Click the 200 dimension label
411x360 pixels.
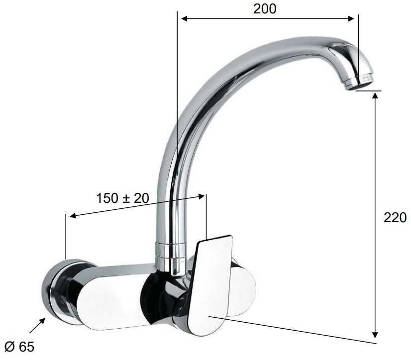pyautogui.click(x=265, y=8)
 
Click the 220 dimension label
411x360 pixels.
pyautogui.click(x=395, y=217)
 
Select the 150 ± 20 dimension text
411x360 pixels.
pyautogui.click(x=123, y=198)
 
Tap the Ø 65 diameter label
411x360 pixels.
pyautogui.click(x=19, y=347)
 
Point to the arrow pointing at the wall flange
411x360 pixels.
pyautogui.click(x=37, y=325)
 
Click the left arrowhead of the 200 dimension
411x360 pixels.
pyautogui.click(x=185, y=18)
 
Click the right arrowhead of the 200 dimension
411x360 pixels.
pyautogui.click(x=351, y=18)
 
